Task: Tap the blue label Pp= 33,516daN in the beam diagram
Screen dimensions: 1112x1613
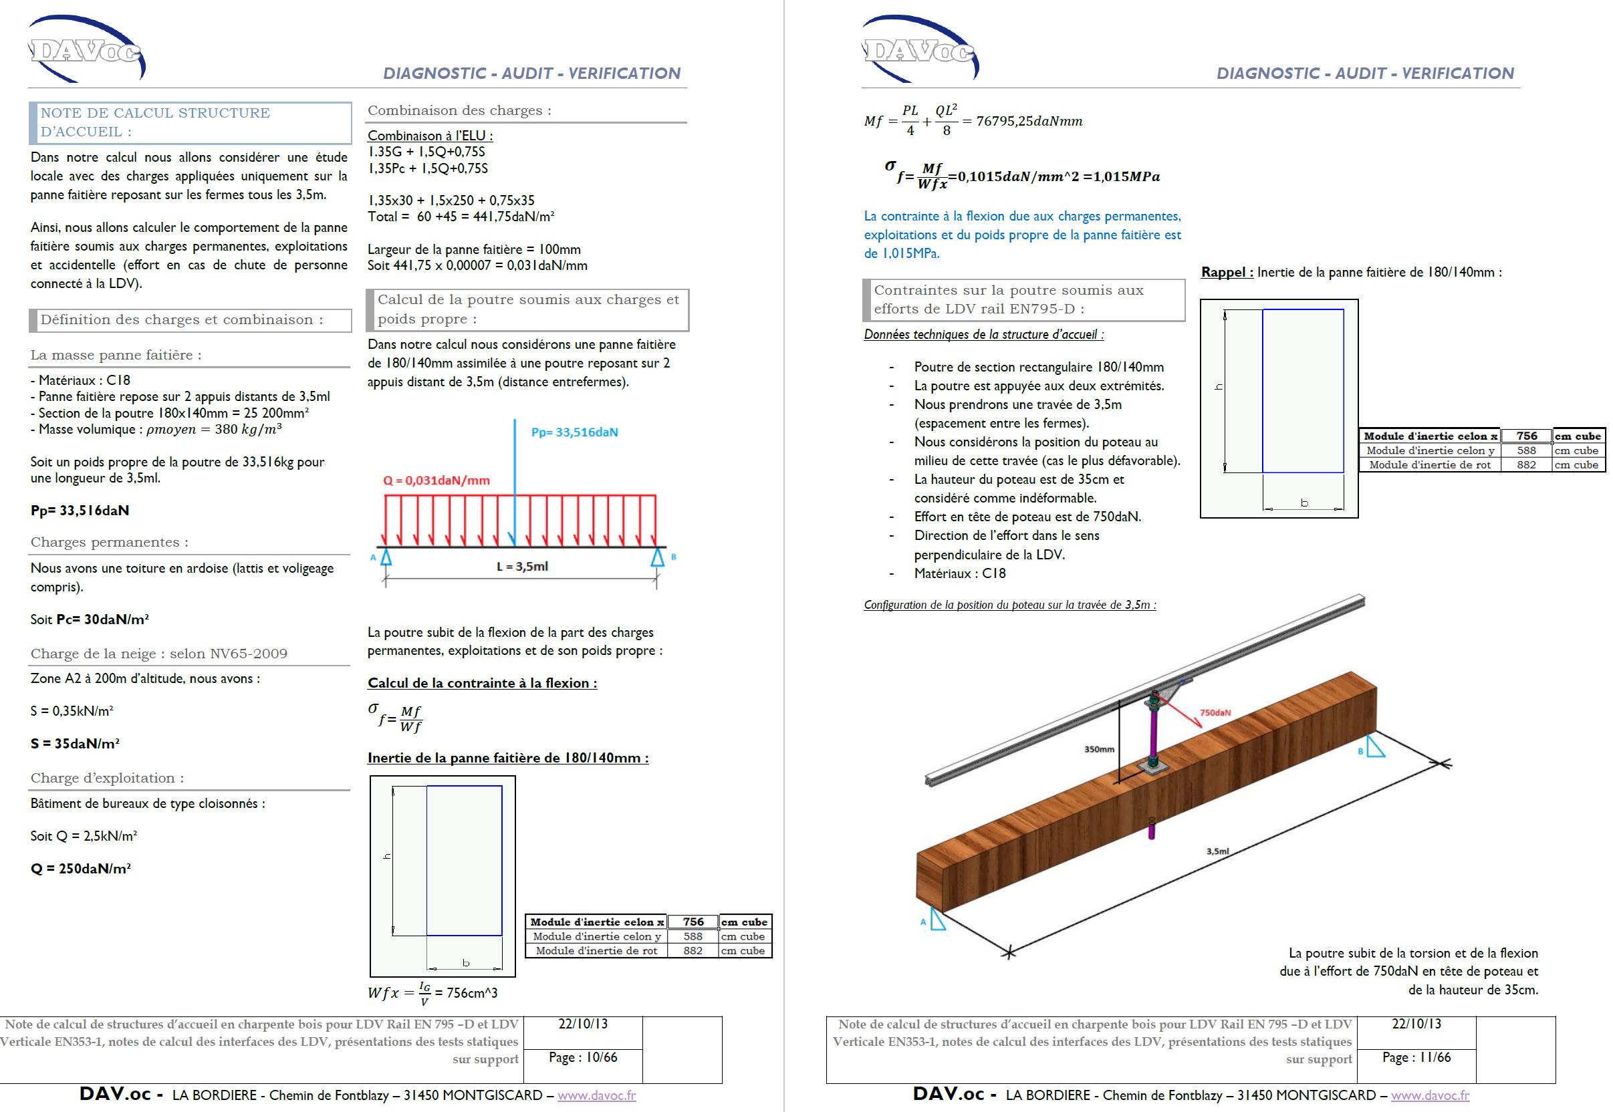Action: pyautogui.click(x=574, y=432)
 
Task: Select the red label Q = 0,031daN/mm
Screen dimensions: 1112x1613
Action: pyautogui.click(x=437, y=480)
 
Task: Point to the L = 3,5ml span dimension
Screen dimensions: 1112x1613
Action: pyautogui.click(x=522, y=567)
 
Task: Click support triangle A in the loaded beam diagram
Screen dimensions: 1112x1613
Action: pyautogui.click(x=385, y=557)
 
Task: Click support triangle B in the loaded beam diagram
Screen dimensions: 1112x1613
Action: pyautogui.click(x=657, y=557)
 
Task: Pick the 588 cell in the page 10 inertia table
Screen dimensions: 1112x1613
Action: pyautogui.click(x=693, y=936)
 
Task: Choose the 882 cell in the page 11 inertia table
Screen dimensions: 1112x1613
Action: pyautogui.click(x=1526, y=464)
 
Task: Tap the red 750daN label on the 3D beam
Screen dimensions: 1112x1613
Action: pyautogui.click(x=1215, y=713)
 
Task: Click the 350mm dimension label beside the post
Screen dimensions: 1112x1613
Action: pyautogui.click(x=1099, y=750)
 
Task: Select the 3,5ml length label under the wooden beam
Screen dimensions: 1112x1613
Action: pyautogui.click(x=1217, y=851)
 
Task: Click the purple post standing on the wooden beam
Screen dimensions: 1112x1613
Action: pyautogui.click(x=1154, y=738)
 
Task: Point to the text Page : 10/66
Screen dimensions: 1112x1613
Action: pyautogui.click(x=582, y=1058)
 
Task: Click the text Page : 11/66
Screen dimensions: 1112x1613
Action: pyautogui.click(x=1416, y=1058)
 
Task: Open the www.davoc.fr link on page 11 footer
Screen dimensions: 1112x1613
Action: pyautogui.click(x=1430, y=1095)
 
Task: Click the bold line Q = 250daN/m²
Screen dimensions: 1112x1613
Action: pyautogui.click(x=81, y=869)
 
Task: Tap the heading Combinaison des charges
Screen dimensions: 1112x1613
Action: pyautogui.click(x=459, y=111)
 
